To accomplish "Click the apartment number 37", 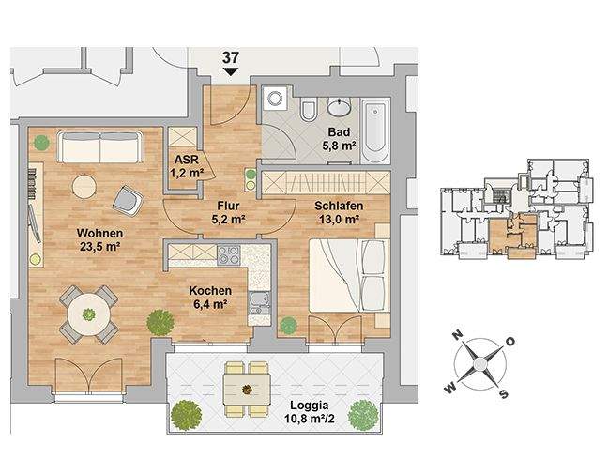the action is pos(230,58).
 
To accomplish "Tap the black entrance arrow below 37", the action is pos(230,71).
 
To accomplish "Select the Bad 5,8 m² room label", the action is pos(339,139).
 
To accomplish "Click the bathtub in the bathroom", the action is pos(375,130).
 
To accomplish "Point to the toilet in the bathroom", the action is pos(309,111).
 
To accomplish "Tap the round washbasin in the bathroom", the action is pos(340,106).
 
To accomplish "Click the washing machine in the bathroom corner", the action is pos(275,97).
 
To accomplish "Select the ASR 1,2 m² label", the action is pos(187,166).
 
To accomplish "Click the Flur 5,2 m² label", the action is pos(228,212).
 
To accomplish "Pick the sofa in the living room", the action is pos(100,147).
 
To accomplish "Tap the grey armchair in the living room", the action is pos(128,200).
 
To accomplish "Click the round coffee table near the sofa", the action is pos(84,188).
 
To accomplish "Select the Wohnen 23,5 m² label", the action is pos(100,239).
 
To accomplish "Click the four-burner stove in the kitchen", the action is pos(229,255).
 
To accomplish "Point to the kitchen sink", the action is pos(259,302).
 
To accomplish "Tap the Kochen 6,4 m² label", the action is pos(210,298).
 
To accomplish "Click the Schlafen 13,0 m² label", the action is pos(339,212).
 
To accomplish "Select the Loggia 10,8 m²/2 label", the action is pos(310,412).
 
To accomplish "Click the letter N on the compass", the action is pos(458,334).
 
